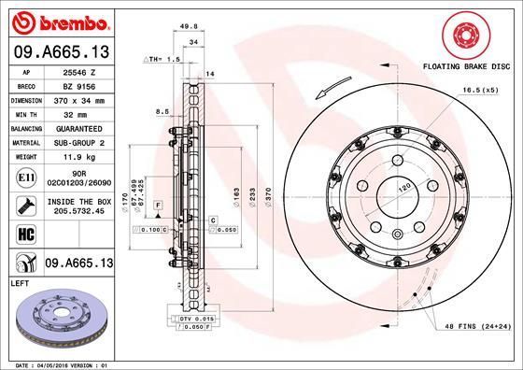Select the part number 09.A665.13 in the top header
tap(59, 50)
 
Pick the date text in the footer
tap(56, 363)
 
